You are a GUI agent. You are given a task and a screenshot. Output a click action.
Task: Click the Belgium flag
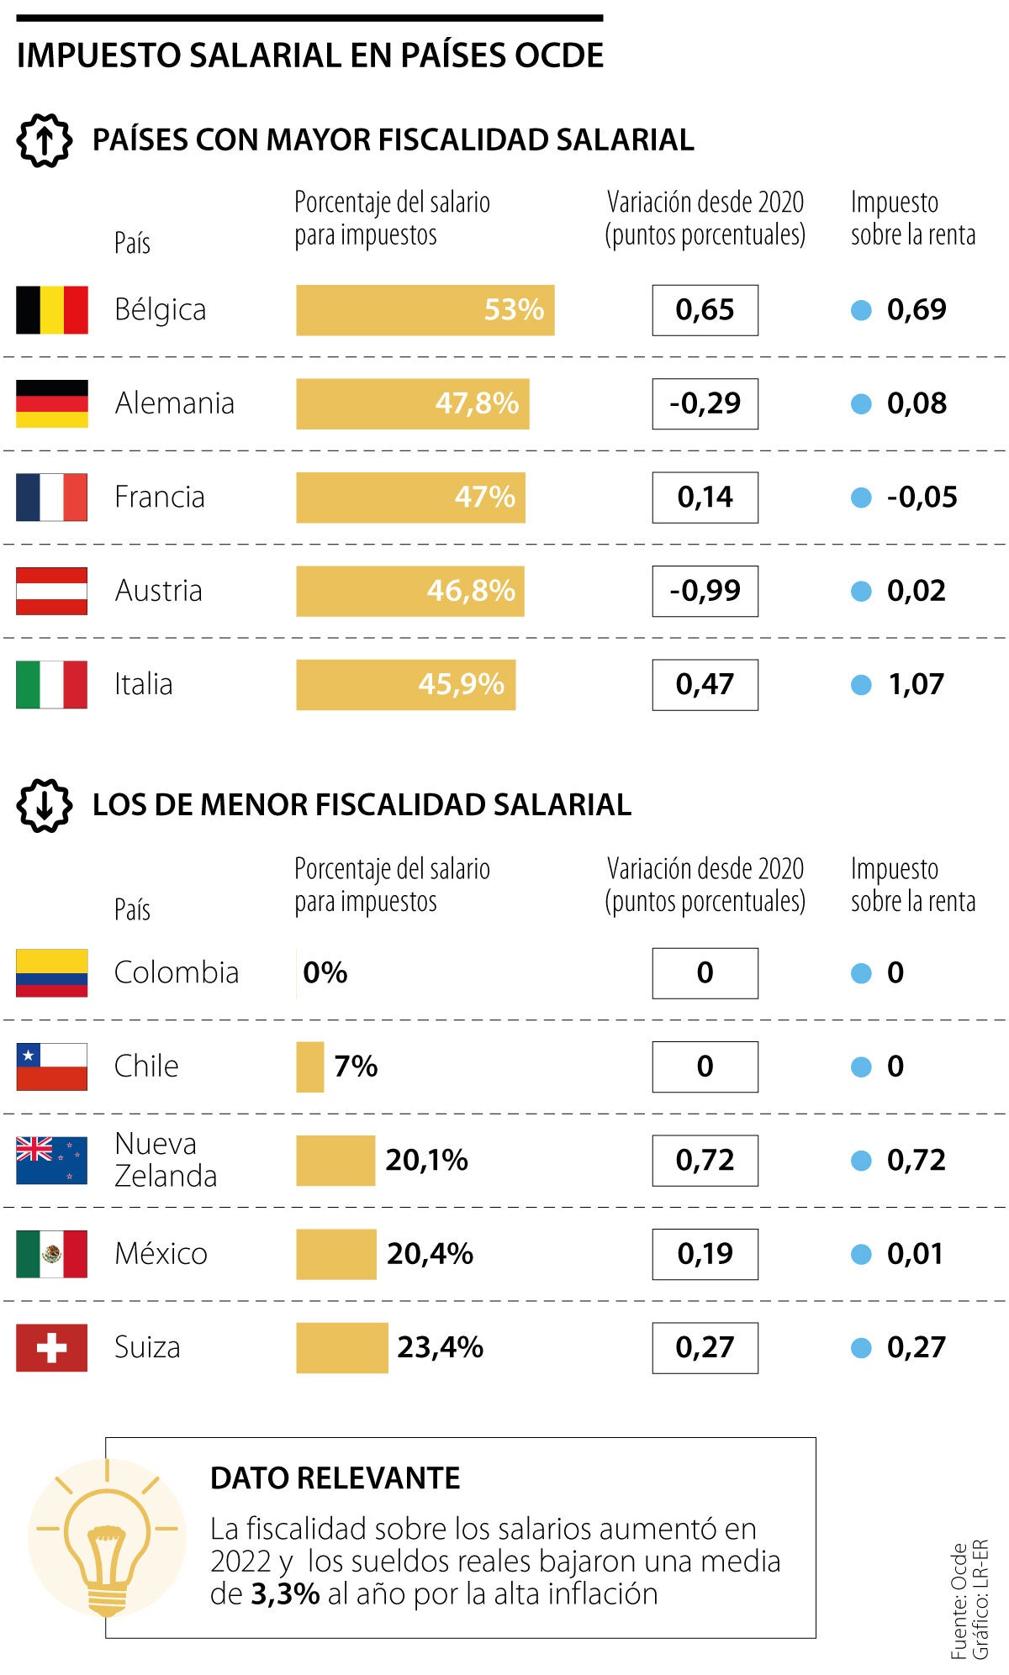51,310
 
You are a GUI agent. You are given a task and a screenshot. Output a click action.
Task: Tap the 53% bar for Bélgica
425,310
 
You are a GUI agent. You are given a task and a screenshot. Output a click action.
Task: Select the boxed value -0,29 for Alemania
705,404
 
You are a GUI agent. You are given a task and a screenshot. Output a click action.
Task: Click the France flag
51,498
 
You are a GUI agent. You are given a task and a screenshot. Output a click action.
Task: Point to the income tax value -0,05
922,498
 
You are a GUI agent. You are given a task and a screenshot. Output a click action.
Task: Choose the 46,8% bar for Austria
409,591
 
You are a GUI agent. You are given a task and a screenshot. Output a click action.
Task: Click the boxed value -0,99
705,591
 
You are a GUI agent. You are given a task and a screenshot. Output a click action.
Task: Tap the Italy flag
51,685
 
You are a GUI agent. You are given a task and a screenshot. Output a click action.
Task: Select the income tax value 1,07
916,685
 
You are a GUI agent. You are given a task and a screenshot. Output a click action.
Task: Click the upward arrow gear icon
44,140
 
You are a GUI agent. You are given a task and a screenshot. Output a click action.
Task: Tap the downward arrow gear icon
44,805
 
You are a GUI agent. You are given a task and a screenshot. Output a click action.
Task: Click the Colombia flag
51,973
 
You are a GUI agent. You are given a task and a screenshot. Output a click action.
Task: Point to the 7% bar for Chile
309,1067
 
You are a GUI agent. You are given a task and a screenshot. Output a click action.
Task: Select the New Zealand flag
51,1161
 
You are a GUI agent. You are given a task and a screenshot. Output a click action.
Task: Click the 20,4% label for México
430,1254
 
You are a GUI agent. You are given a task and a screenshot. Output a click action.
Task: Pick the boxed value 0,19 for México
705,1254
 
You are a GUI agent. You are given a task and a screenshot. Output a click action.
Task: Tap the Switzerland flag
51,1348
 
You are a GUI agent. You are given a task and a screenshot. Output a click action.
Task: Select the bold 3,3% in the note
285,1594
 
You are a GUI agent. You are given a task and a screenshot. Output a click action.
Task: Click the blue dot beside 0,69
861,310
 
